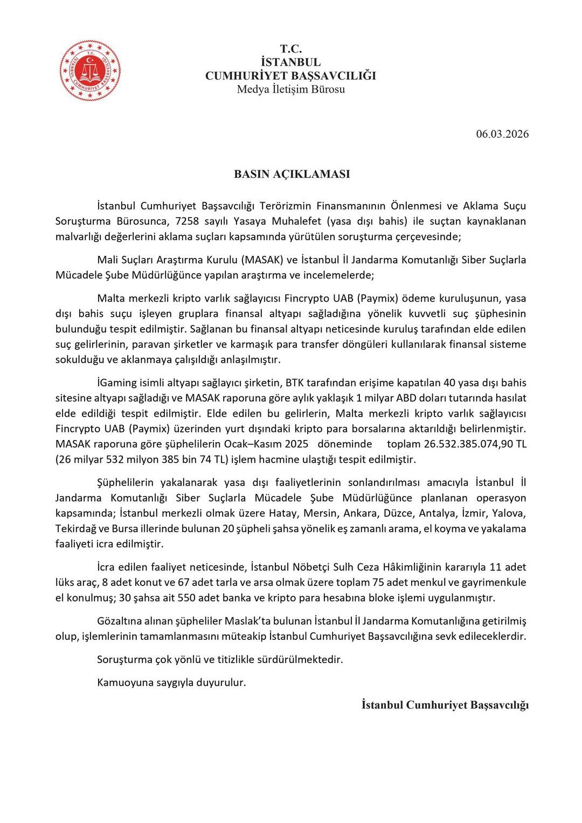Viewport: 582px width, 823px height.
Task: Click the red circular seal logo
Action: tap(90, 71)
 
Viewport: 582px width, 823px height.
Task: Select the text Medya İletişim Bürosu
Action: tap(290, 89)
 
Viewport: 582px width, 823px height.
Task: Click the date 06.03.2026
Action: tap(502, 134)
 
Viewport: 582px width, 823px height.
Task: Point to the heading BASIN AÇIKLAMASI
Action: tap(292, 174)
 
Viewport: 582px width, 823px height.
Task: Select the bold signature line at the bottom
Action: tap(445, 706)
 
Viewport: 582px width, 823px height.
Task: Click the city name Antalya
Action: tap(440, 513)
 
